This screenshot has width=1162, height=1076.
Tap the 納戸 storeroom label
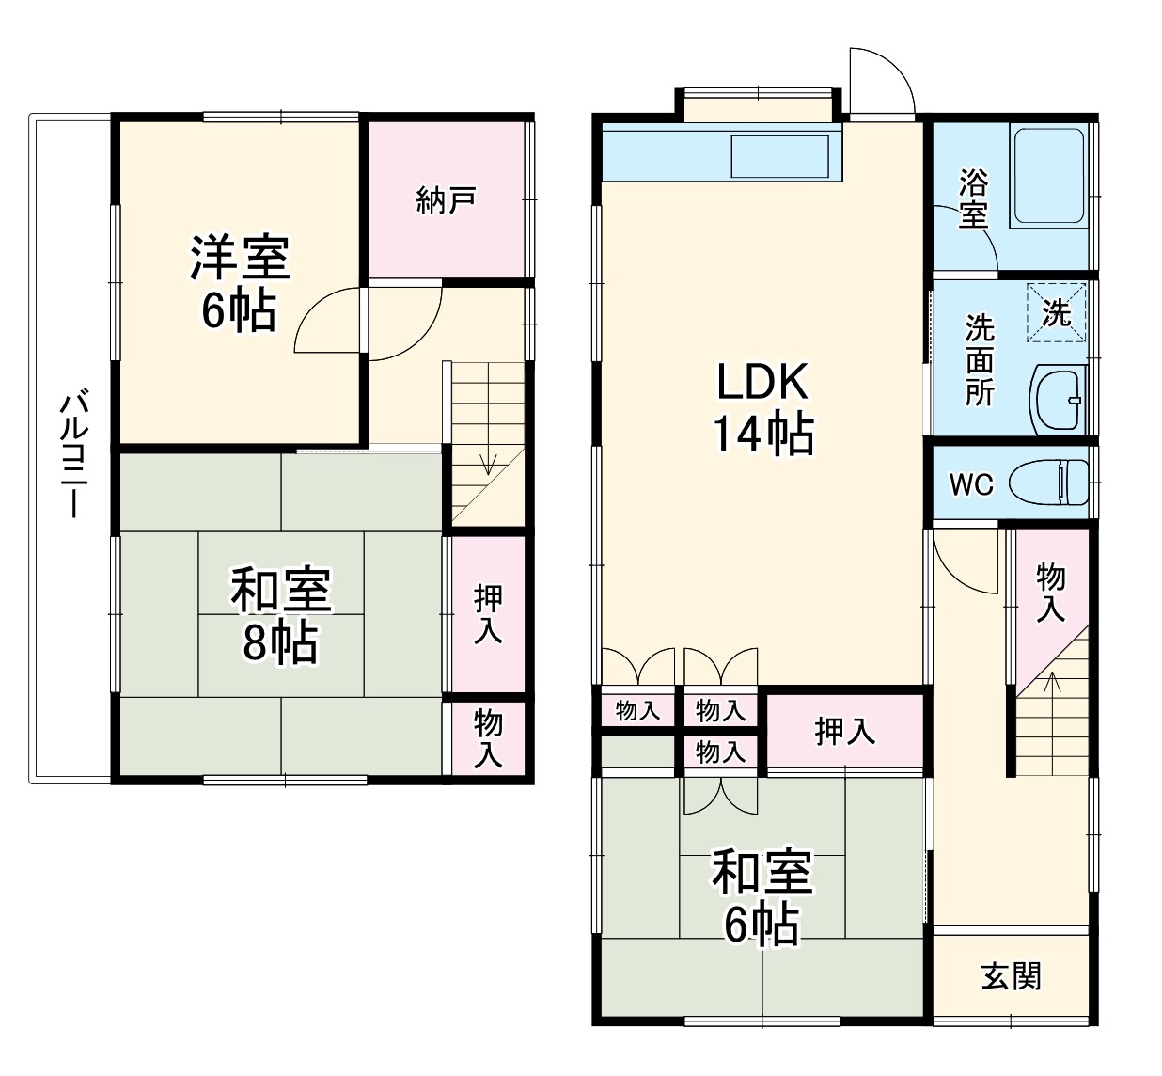[446, 200]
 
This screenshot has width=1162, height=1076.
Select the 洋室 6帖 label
[240, 283]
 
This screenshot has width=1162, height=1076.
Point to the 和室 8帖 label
[280, 616]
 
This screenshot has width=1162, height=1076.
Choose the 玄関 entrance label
[1011, 976]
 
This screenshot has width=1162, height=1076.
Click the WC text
[970, 485]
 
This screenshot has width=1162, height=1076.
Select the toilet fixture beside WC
[1047, 483]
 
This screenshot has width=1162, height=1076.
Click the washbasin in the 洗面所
[1059, 401]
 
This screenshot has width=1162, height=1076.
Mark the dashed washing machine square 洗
[1056, 312]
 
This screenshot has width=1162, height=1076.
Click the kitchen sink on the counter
[780, 156]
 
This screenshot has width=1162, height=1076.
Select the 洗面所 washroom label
[979, 360]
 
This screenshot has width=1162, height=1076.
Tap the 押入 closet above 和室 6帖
[844, 731]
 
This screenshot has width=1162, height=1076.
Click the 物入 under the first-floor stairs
[1050, 593]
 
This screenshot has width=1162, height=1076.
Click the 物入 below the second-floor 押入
[487, 738]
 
